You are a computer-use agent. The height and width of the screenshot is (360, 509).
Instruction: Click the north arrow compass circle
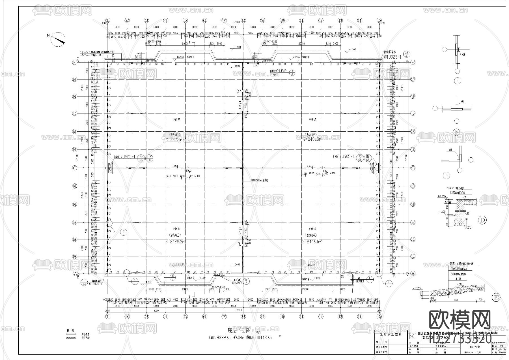click(x=58, y=39)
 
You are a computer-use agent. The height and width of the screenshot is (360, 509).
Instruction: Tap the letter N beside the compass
click(x=48, y=35)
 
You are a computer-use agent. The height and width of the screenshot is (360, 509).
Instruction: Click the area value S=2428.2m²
click(x=176, y=241)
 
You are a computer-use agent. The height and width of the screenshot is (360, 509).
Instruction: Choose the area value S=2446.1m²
click(x=312, y=241)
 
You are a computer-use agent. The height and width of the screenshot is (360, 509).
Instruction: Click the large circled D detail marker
click(x=482, y=220)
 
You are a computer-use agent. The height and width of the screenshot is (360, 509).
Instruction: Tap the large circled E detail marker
click(x=496, y=297)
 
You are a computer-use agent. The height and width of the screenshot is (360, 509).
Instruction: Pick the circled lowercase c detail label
click(x=446, y=176)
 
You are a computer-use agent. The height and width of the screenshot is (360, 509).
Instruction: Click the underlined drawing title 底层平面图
click(x=239, y=330)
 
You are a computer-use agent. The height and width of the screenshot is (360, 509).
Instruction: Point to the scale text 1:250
click(x=256, y=333)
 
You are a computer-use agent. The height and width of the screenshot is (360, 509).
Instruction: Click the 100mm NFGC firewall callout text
click(x=259, y=180)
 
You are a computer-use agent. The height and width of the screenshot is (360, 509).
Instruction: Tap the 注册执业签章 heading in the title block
click(x=391, y=334)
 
